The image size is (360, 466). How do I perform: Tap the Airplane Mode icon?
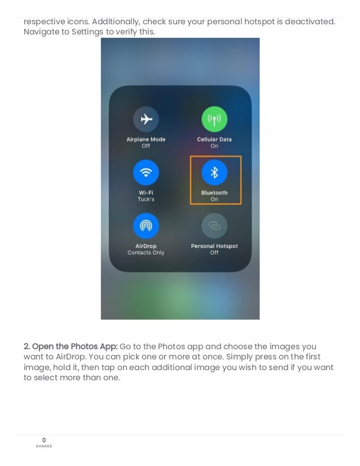[146, 119]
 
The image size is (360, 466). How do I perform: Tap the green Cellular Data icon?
[214, 119]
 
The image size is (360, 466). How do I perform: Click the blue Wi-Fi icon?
[146, 173]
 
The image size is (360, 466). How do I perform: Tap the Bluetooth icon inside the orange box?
[214, 173]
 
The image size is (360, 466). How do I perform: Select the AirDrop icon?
[146, 226]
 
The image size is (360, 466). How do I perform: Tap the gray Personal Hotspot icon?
[214, 226]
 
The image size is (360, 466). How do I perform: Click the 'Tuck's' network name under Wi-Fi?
[146, 200]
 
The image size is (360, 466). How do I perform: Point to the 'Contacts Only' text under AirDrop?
[146, 253]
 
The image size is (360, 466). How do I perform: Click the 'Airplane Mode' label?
[146, 139]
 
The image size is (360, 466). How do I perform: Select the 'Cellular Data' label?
[214, 139]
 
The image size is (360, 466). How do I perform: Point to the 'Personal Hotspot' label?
[214, 246]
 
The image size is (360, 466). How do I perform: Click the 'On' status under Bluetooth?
[214, 200]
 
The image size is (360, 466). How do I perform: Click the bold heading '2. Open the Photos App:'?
[71, 346]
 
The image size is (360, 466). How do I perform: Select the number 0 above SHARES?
[44, 440]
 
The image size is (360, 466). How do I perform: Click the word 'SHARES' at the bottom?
[44, 446]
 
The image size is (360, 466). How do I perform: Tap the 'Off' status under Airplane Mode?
[146, 146]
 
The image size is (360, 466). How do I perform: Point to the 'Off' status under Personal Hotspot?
[214, 253]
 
